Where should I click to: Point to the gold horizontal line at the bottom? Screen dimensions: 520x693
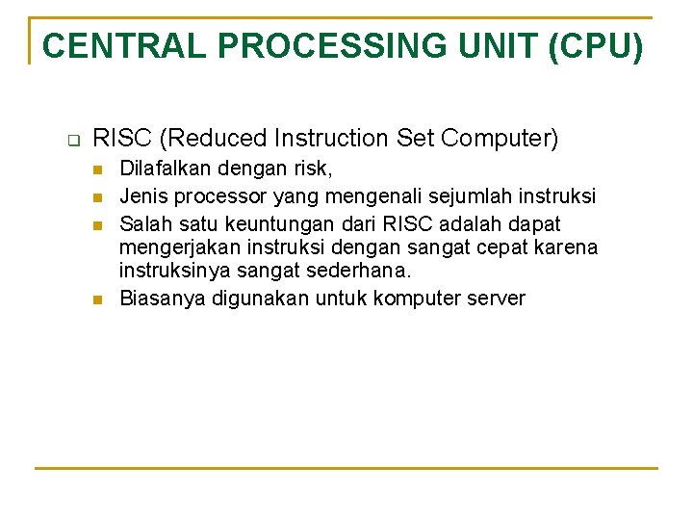346,468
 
